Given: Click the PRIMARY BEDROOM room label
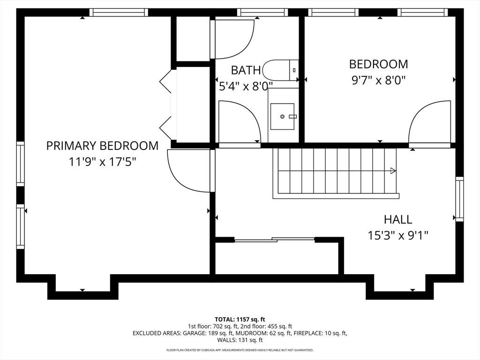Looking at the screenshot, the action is [102, 145].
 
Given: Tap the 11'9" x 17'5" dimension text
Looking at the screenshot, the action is [102, 161].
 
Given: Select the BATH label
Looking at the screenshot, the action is [246, 70].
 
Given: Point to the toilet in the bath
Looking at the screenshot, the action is [281, 70].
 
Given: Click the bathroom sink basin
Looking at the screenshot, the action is [282, 116].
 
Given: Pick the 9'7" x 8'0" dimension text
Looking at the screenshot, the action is [379, 80].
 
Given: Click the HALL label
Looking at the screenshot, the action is [398, 219].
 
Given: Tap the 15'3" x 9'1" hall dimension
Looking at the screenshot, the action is [397, 235].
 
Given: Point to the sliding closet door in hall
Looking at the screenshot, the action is [275, 240].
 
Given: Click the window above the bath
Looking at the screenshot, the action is [262, 12].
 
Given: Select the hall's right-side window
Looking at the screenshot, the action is [459, 199].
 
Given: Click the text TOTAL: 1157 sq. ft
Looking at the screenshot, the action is [240, 320].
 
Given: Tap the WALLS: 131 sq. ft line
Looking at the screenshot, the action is [240, 340].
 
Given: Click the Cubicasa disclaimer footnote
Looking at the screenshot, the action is [240, 350].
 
